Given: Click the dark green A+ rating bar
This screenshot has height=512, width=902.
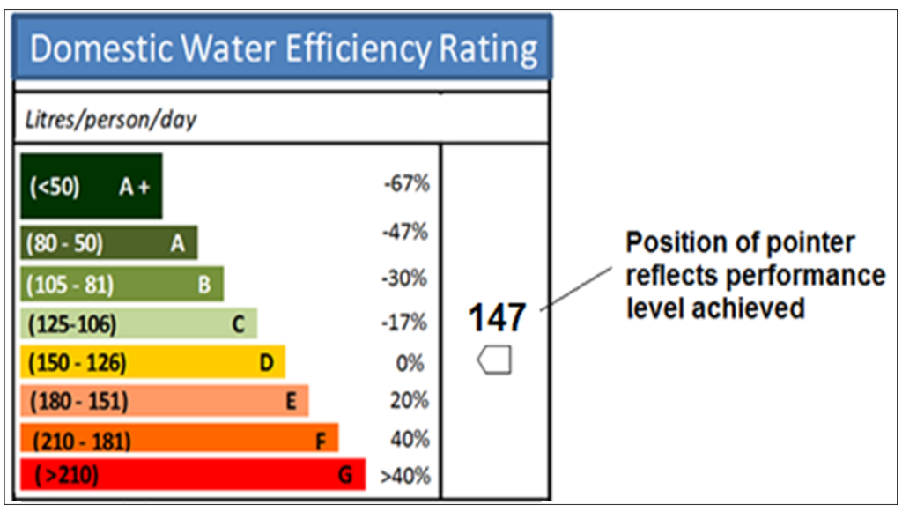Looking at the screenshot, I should tap(91, 186).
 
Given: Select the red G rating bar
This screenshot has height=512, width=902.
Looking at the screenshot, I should tap(192, 476).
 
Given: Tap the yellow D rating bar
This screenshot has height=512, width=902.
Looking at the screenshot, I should tap(152, 362).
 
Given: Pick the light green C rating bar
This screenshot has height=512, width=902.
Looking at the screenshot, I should tap(138, 324).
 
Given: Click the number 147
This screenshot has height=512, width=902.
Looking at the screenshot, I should tap(496, 318).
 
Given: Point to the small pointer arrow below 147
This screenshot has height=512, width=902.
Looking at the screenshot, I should tap(494, 361).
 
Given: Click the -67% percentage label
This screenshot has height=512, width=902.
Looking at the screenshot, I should tap(406, 184).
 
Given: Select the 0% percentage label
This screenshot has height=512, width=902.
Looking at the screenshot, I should tap(410, 363).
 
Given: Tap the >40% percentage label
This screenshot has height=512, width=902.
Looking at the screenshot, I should tap(405, 477).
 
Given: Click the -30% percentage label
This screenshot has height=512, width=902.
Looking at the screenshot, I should tap(406, 278).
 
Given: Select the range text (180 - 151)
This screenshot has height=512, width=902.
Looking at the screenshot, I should tap(79, 402).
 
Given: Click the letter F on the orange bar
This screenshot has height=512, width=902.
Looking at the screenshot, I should tap(321, 440).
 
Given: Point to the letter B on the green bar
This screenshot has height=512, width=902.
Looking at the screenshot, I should tap(203, 286).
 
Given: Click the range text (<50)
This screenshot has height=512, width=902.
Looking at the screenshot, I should tap(55, 187).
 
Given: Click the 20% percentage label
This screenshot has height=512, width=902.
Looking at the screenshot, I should tap(410, 401).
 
